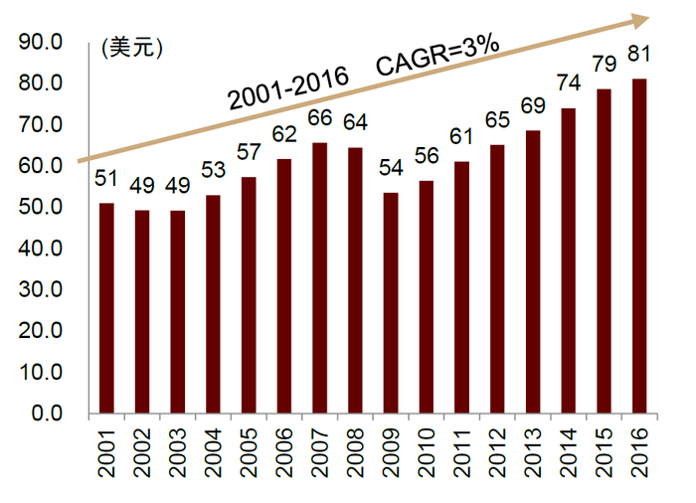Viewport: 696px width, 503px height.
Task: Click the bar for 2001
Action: [106, 308]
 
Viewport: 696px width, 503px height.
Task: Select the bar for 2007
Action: [319, 278]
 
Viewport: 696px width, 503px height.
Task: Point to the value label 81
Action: [639, 54]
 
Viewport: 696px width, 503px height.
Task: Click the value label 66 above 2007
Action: [319, 118]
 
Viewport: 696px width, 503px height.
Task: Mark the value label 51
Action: [106, 179]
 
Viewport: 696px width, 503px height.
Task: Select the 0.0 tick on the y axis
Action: [46, 414]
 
